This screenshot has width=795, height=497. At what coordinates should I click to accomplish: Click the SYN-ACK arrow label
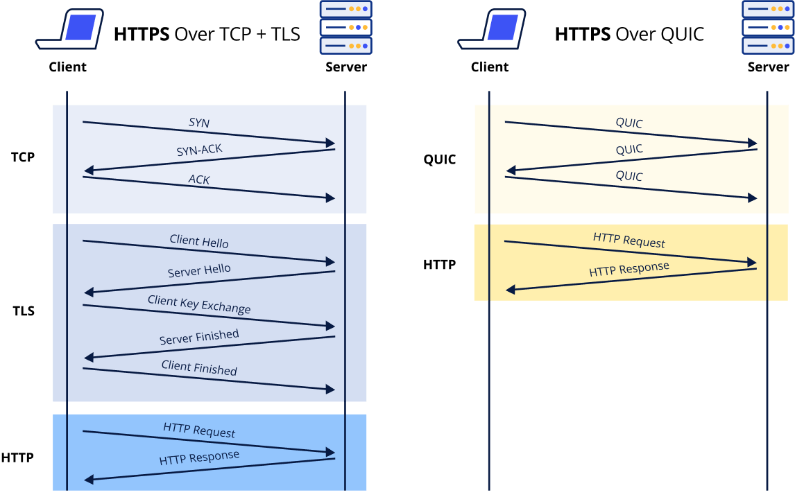coord(199,150)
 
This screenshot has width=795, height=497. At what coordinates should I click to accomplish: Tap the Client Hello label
coord(199,242)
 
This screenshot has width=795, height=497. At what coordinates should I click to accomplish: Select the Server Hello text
coord(199,270)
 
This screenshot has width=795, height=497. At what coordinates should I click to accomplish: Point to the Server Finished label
coord(199,337)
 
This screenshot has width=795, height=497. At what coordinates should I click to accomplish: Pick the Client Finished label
coord(199,367)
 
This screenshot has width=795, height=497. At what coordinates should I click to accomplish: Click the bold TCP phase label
coord(22,157)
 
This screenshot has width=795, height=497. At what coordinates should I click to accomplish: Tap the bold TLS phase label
coord(23,311)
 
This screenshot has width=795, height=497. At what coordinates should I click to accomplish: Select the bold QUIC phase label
coord(440,160)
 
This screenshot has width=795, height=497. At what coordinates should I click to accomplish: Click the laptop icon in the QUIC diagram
coord(492,29)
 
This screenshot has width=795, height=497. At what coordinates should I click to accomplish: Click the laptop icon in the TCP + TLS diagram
coord(69,29)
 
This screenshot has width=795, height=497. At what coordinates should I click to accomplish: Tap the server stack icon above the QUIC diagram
coord(767,27)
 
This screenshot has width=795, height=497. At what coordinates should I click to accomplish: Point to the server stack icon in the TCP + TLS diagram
coord(345,27)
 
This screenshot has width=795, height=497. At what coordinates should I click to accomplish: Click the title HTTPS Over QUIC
coord(629,34)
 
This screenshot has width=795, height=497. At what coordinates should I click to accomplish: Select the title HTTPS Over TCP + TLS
coord(207,34)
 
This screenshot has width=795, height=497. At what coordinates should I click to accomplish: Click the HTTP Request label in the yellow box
coord(629,241)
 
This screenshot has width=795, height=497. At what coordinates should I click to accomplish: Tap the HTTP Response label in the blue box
coord(199,458)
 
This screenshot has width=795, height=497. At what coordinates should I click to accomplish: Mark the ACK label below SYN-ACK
coord(199,180)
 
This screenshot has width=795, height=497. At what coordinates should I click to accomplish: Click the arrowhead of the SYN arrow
coord(331,143)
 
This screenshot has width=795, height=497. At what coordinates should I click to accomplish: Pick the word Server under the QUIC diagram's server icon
coord(768,67)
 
